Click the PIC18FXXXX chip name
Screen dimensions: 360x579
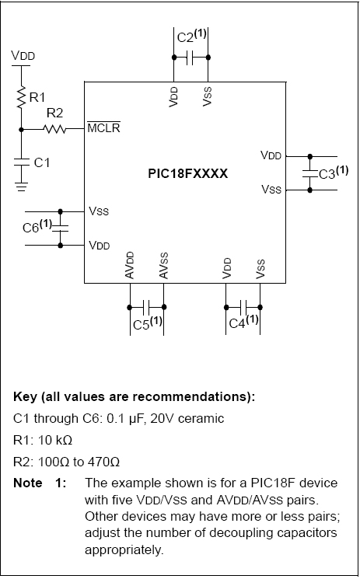[x=187, y=173]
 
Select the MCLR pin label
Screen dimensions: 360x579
[x=103, y=127]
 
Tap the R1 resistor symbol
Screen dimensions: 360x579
[x=21, y=96]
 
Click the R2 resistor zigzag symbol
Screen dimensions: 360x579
[x=54, y=129]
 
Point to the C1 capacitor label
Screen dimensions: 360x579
[x=42, y=162]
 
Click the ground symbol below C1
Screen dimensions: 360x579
[x=22, y=187]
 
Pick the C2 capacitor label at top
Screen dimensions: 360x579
[x=191, y=37]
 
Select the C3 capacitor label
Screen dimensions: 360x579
[x=334, y=173]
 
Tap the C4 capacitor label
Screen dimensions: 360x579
[x=243, y=322]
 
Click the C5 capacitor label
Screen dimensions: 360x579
[x=148, y=323]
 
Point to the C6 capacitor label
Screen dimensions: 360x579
[x=37, y=226]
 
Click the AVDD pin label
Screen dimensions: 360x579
[x=129, y=265]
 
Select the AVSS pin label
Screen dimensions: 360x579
[x=163, y=266]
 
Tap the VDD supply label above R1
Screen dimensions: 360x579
[x=23, y=55]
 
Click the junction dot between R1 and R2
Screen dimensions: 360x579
[x=21, y=130]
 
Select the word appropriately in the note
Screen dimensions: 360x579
[x=124, y=550]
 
